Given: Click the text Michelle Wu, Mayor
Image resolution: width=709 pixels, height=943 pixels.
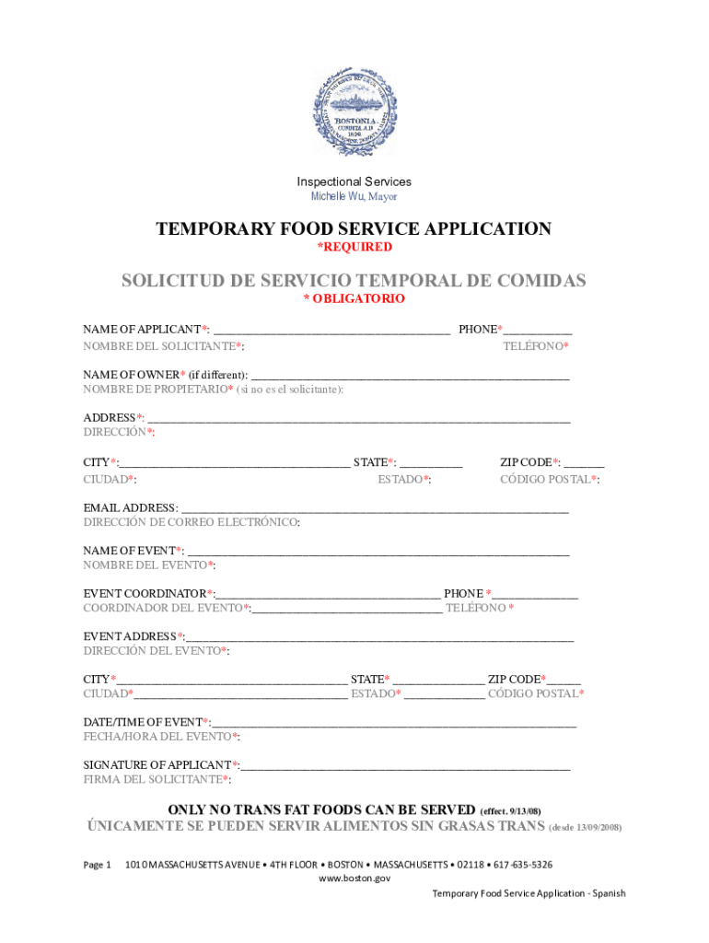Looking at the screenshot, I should [x=354, y=197].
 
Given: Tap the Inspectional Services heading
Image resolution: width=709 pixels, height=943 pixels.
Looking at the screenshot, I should [x=354, y=181].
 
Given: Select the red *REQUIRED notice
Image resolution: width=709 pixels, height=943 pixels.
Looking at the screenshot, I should [x=354, y=247].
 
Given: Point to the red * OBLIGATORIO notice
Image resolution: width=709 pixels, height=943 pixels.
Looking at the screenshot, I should [x=354, y=299].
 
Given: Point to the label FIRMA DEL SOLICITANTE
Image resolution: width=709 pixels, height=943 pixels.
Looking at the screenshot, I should [x=157, y=780].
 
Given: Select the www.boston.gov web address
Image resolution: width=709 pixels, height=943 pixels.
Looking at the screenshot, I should [x=354, y=879].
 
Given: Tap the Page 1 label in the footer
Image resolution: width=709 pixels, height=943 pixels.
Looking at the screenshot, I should [x=97, y=865].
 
